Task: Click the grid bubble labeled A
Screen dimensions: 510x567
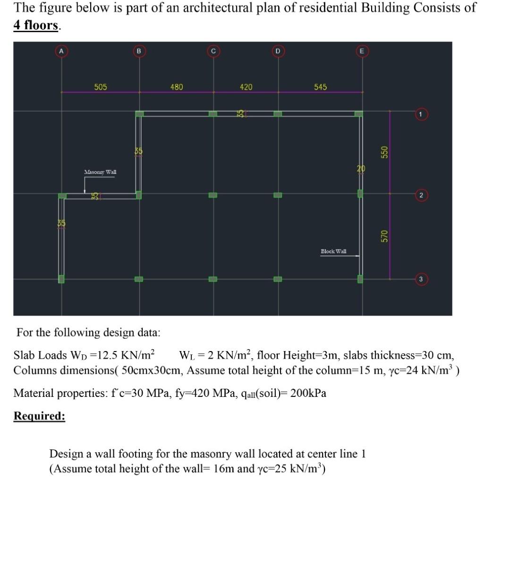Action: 61,51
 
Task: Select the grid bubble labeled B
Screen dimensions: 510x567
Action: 139,51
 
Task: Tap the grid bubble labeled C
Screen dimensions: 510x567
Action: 213,51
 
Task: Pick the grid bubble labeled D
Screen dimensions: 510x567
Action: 278,51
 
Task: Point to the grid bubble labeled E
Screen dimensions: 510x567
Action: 362,51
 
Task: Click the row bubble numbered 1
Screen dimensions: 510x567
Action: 421,114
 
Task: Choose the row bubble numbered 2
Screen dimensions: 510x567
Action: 421,195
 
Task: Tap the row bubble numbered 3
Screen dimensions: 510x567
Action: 421,279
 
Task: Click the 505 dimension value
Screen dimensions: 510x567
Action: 101,87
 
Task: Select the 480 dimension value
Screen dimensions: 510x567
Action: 177,87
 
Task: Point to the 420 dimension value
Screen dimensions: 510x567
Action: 246,87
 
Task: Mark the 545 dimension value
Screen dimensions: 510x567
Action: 320,87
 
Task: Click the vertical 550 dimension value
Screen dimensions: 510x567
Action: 384,152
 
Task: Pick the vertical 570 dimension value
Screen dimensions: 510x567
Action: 384,236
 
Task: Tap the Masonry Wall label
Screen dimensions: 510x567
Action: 100,172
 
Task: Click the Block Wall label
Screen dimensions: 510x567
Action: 333,251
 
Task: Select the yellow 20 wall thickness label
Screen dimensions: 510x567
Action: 361,169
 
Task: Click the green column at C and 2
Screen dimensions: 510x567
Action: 213,195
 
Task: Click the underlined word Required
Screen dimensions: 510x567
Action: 39,416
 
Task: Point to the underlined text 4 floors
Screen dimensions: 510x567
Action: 36,25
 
